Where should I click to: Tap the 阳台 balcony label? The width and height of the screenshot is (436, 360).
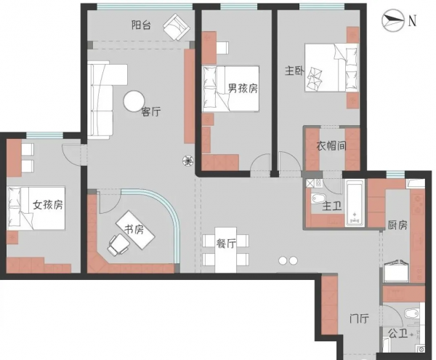(x=141, y=25)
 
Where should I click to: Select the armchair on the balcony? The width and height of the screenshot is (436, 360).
(x=176, y=27)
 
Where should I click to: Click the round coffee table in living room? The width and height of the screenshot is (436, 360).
(x=134, y=101)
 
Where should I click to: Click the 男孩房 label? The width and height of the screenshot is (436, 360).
(x=243, y=89)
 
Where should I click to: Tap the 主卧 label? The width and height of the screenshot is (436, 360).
(x=294, y=71)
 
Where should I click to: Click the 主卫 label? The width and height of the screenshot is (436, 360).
(x=331, y=207)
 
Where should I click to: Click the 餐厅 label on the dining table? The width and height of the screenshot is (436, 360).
(x=226, y=244)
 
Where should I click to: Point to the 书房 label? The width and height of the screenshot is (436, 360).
(x=133, y=230)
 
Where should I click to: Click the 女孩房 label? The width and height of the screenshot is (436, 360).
(x=47, y=205)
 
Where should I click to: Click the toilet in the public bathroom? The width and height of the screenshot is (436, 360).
(x=411, y=313)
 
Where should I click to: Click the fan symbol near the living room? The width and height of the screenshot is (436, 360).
(x=188, y=161)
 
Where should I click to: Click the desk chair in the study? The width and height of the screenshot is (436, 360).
(x=116, y=246)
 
